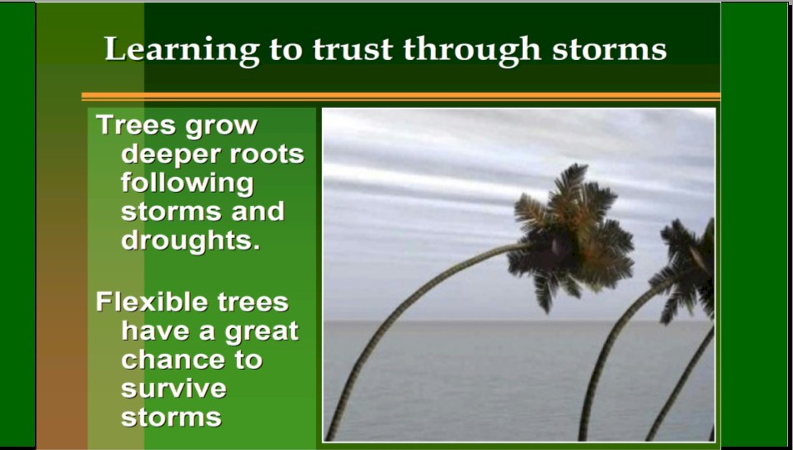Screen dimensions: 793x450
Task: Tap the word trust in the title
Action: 353,49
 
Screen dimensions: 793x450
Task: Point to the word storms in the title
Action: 610,50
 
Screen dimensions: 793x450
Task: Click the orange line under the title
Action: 400,96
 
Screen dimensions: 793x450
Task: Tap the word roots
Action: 267,154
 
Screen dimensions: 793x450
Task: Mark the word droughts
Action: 191,240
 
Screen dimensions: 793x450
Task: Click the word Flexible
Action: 151,301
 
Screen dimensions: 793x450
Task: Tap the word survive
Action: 174,389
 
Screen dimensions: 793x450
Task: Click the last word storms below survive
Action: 172,418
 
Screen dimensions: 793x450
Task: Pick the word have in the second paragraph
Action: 155,331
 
